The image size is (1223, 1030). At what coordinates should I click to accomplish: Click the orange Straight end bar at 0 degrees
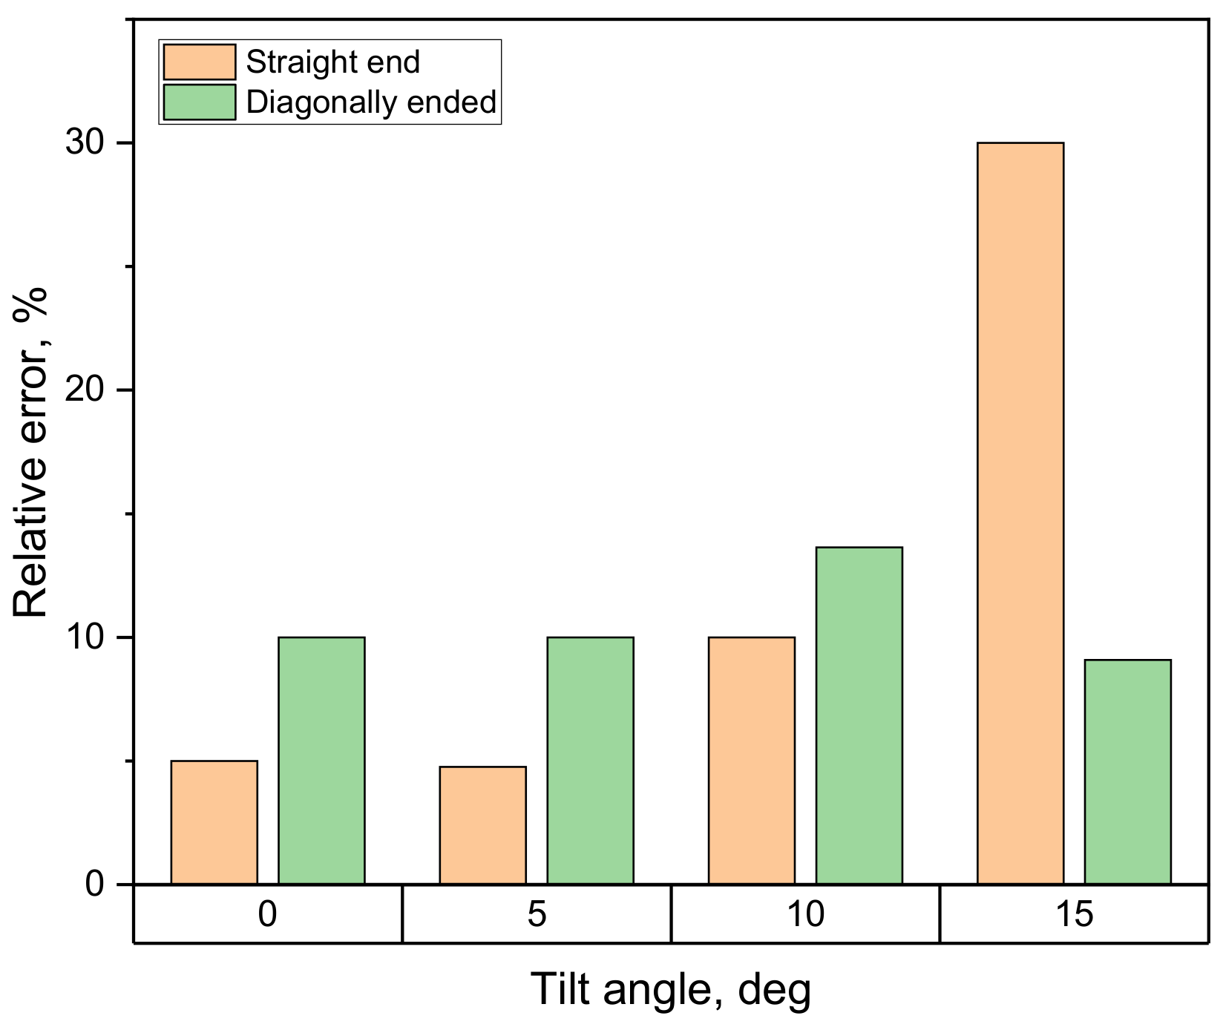(x=214, y=822)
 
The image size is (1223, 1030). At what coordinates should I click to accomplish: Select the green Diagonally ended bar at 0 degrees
(x=321, y=761)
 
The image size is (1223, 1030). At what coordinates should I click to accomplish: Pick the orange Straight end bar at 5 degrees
(x=482, y=825)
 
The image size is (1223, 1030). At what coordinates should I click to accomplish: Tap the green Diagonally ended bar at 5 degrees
(x=590, y=761)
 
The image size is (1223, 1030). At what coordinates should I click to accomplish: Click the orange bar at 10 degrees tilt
(x=751, y=761)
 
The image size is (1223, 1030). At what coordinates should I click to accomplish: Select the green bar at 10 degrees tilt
(x=859, y=715)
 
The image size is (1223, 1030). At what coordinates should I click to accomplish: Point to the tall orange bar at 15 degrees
(x=1020, y=513)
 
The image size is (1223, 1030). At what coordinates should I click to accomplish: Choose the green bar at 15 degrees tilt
(x=1127, y=772)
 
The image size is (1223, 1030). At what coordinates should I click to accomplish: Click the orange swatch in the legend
(x=199, y=62)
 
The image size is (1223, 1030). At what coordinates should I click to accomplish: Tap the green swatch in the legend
(x=199, y=102)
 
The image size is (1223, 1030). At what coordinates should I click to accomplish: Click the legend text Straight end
(x=332, y=62)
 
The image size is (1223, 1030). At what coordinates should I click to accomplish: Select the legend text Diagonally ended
(x=371, y=102)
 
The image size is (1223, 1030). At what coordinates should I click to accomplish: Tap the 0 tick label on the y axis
(x=94, y=884)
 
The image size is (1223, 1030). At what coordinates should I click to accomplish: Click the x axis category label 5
(x=537, y=913)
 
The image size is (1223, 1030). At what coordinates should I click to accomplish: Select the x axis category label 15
(x=1074, y=913)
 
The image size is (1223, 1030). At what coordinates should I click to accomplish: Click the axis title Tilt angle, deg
(x=671, y=990)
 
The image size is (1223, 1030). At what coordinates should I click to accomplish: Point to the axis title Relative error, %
(x=31, y=453)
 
